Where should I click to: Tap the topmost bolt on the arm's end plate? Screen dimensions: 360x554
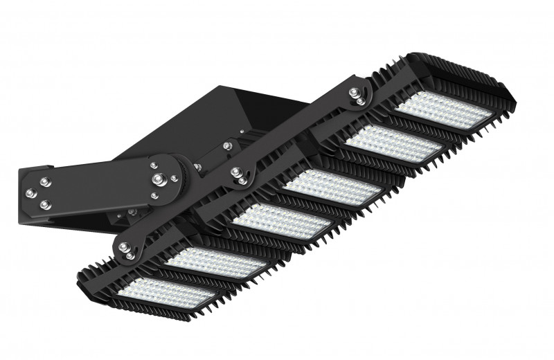pyautogui.click(x=45, y=182)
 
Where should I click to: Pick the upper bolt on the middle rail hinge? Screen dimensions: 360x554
pyautogui.click(x=235, y=172)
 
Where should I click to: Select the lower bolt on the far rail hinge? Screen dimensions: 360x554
pyautogui.click(x=361, y=102)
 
